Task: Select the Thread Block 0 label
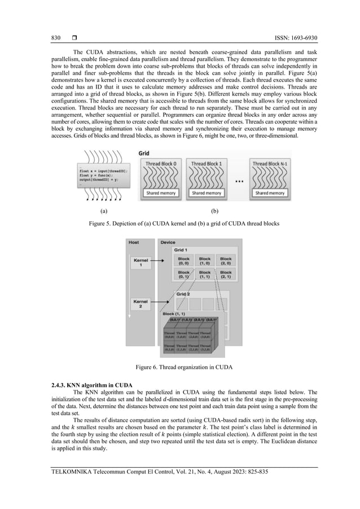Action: click(x=161, y=164)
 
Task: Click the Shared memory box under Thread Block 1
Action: click(x=206, y=193)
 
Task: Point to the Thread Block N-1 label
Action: click(x=269, y=164)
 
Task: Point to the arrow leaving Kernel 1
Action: click(x=161, y=262)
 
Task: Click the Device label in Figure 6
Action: click(x=168, y=242)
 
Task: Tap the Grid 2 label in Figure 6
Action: click(x=184, y=294)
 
